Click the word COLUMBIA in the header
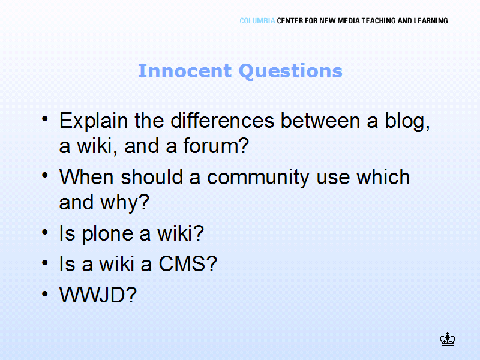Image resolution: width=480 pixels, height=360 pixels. point(257,21)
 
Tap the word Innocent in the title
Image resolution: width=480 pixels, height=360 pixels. point(185,71)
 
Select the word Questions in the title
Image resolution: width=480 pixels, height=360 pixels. point(290,71)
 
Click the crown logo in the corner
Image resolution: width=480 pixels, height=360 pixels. point(448,339)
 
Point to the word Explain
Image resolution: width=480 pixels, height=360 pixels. point(94,121)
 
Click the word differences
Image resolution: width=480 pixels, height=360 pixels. point(222,121)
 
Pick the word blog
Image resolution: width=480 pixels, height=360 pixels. point(407,122)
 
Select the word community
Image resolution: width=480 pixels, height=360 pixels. point(258,178)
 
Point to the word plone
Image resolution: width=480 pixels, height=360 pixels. point(107,235)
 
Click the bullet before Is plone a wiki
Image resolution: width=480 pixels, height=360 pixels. point(45,232)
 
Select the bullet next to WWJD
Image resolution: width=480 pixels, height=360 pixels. point(45,294)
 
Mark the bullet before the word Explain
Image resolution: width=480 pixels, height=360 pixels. point(45,119)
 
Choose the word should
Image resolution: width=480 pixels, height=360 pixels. point(152,177)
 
